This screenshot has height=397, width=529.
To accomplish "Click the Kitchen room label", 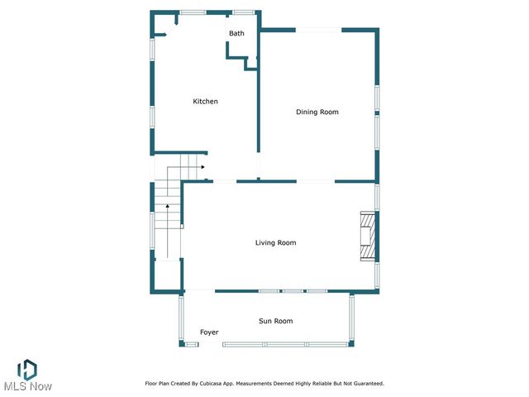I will [x=205, y=102].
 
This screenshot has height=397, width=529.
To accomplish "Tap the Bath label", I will [x=236, y=34].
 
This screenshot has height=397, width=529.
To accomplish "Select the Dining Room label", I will [x=317, y=112].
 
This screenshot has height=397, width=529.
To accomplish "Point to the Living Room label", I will [x=275, y=242].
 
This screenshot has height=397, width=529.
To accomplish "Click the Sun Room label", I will [x=275, y=321].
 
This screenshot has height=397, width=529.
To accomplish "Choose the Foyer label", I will [x=209, y=332].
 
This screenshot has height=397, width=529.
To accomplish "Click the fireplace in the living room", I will [x=366, y=237].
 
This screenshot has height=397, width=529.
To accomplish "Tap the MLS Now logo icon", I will [x=27, y=369].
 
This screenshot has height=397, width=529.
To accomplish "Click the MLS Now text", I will [x=27, y=387].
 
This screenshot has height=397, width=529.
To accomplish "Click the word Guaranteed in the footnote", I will [x=365, y=384].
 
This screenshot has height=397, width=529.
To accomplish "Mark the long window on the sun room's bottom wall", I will [x=285, y=344].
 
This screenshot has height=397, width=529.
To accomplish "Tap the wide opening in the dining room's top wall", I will [x=318, y=31].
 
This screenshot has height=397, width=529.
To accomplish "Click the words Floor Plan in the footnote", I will [x=159, y=384].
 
